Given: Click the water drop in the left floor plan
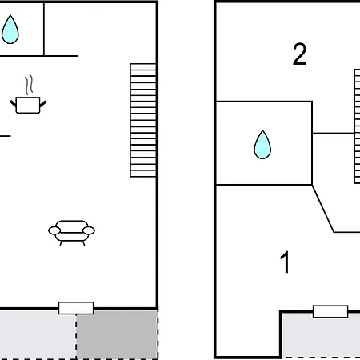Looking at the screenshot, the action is tap(10, 30).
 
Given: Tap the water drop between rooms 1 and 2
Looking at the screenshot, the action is tap(262, 145).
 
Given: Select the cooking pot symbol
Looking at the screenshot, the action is tap(28, 105).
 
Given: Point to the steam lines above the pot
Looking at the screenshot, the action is tap(29, 85).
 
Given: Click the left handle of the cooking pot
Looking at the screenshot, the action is tap(13, 103).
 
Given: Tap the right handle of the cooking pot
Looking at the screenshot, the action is tap(42, 104).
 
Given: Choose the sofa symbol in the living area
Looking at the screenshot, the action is tap(71, 233).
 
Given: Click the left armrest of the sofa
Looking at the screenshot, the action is tap(54, 230).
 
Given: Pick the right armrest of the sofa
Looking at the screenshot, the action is tap(89, 230).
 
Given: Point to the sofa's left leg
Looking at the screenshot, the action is tap(61, 243).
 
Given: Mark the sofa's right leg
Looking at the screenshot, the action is tap(84, 243).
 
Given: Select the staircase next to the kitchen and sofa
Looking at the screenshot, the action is tap(143, 120).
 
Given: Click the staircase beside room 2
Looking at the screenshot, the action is tap(357, 126).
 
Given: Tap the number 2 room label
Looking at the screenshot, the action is tap(300, 54).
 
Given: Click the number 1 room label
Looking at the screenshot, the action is tap(285, 262).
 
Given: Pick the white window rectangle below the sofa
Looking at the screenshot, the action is tap(76, 308).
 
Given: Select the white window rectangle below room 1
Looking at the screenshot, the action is tap(330, 311).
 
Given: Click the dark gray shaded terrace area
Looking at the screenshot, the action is tap(117, 334).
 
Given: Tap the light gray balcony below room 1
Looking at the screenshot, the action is tap(321, 335).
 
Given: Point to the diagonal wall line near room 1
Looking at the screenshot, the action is tap(322, 208).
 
